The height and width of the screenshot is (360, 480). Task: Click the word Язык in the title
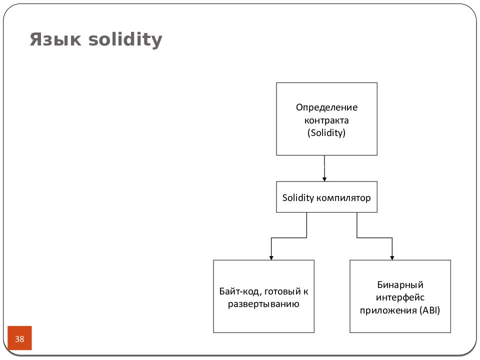tap(55, 39)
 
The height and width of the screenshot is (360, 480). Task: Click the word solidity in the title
tap(125, 40)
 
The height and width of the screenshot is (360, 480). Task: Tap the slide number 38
tap(19, 339)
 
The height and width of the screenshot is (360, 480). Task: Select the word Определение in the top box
tap(326, 108)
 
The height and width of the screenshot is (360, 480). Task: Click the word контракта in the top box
tap(326, 120)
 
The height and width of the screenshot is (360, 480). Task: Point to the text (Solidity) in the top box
tap(326, 133)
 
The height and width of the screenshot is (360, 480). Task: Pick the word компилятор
tap(343, 198)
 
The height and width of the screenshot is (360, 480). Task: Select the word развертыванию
tap(263, 304)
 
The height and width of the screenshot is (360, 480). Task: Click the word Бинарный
tap(400, 284)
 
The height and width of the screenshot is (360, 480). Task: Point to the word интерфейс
tap(400, 297)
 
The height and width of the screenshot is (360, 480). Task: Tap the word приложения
tap(388, 310)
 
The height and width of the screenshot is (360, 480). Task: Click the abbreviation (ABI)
tap(430, 310)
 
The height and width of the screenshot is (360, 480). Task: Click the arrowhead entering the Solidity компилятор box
tap(324, 179)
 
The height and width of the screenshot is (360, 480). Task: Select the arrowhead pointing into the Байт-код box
tap(271, 258)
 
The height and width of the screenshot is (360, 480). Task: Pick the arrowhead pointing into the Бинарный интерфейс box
tap(392, 258)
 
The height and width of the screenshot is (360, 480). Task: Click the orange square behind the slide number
tap(19, 338)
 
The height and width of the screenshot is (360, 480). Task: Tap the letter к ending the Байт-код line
tap(306, 292)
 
